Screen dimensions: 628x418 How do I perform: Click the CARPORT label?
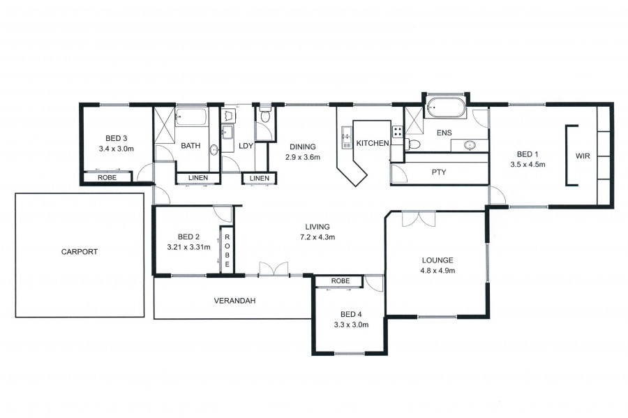pyautogui.click(x=80, y=252)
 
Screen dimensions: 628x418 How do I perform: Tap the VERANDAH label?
pyautogui.click(x=234, y=301)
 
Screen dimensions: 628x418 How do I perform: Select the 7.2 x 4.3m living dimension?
pyautogui.click(x=317, y=237)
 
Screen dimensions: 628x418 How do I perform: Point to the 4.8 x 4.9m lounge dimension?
pyautogui.click(x=438, y=270)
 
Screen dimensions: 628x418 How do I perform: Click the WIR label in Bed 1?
pyautogui.click(x=583, y=156)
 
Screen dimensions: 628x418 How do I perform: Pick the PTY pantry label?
pyautogui.click(x=439, y=172)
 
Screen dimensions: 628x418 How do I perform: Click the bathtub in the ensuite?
pyautogui.click(x=446, y=107)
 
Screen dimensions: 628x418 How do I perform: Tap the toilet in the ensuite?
pyautogui.click(x=413, y=144)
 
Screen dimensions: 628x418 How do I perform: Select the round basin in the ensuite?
pyautogui.click(x=470, y=145)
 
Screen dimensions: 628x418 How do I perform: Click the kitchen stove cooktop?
pyautogui.click(x=397, y=132)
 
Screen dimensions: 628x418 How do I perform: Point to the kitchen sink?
pyautogui.click(x=346, y=137)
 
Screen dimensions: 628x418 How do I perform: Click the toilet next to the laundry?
pyautogui.click(x=264, y=114)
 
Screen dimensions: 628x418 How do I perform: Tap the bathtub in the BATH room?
pyautogui.click(x=191, y=117)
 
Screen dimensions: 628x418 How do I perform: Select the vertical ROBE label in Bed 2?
pyautogui.click(x=227, y=251)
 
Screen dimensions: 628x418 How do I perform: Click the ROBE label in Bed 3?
pyautogui.click(x=107, y=177)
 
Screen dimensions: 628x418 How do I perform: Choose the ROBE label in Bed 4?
pyautogui.click(x=341, y=281)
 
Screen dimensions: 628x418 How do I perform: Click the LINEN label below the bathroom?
pyautogui.click(x=198, y=178)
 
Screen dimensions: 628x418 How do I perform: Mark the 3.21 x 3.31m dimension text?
pyautogui.click(x=188, y=247)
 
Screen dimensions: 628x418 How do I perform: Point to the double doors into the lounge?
pyautogui.click(x=419, y=219)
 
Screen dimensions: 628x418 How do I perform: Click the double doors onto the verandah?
pyautogui.click(x=274, y=269)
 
